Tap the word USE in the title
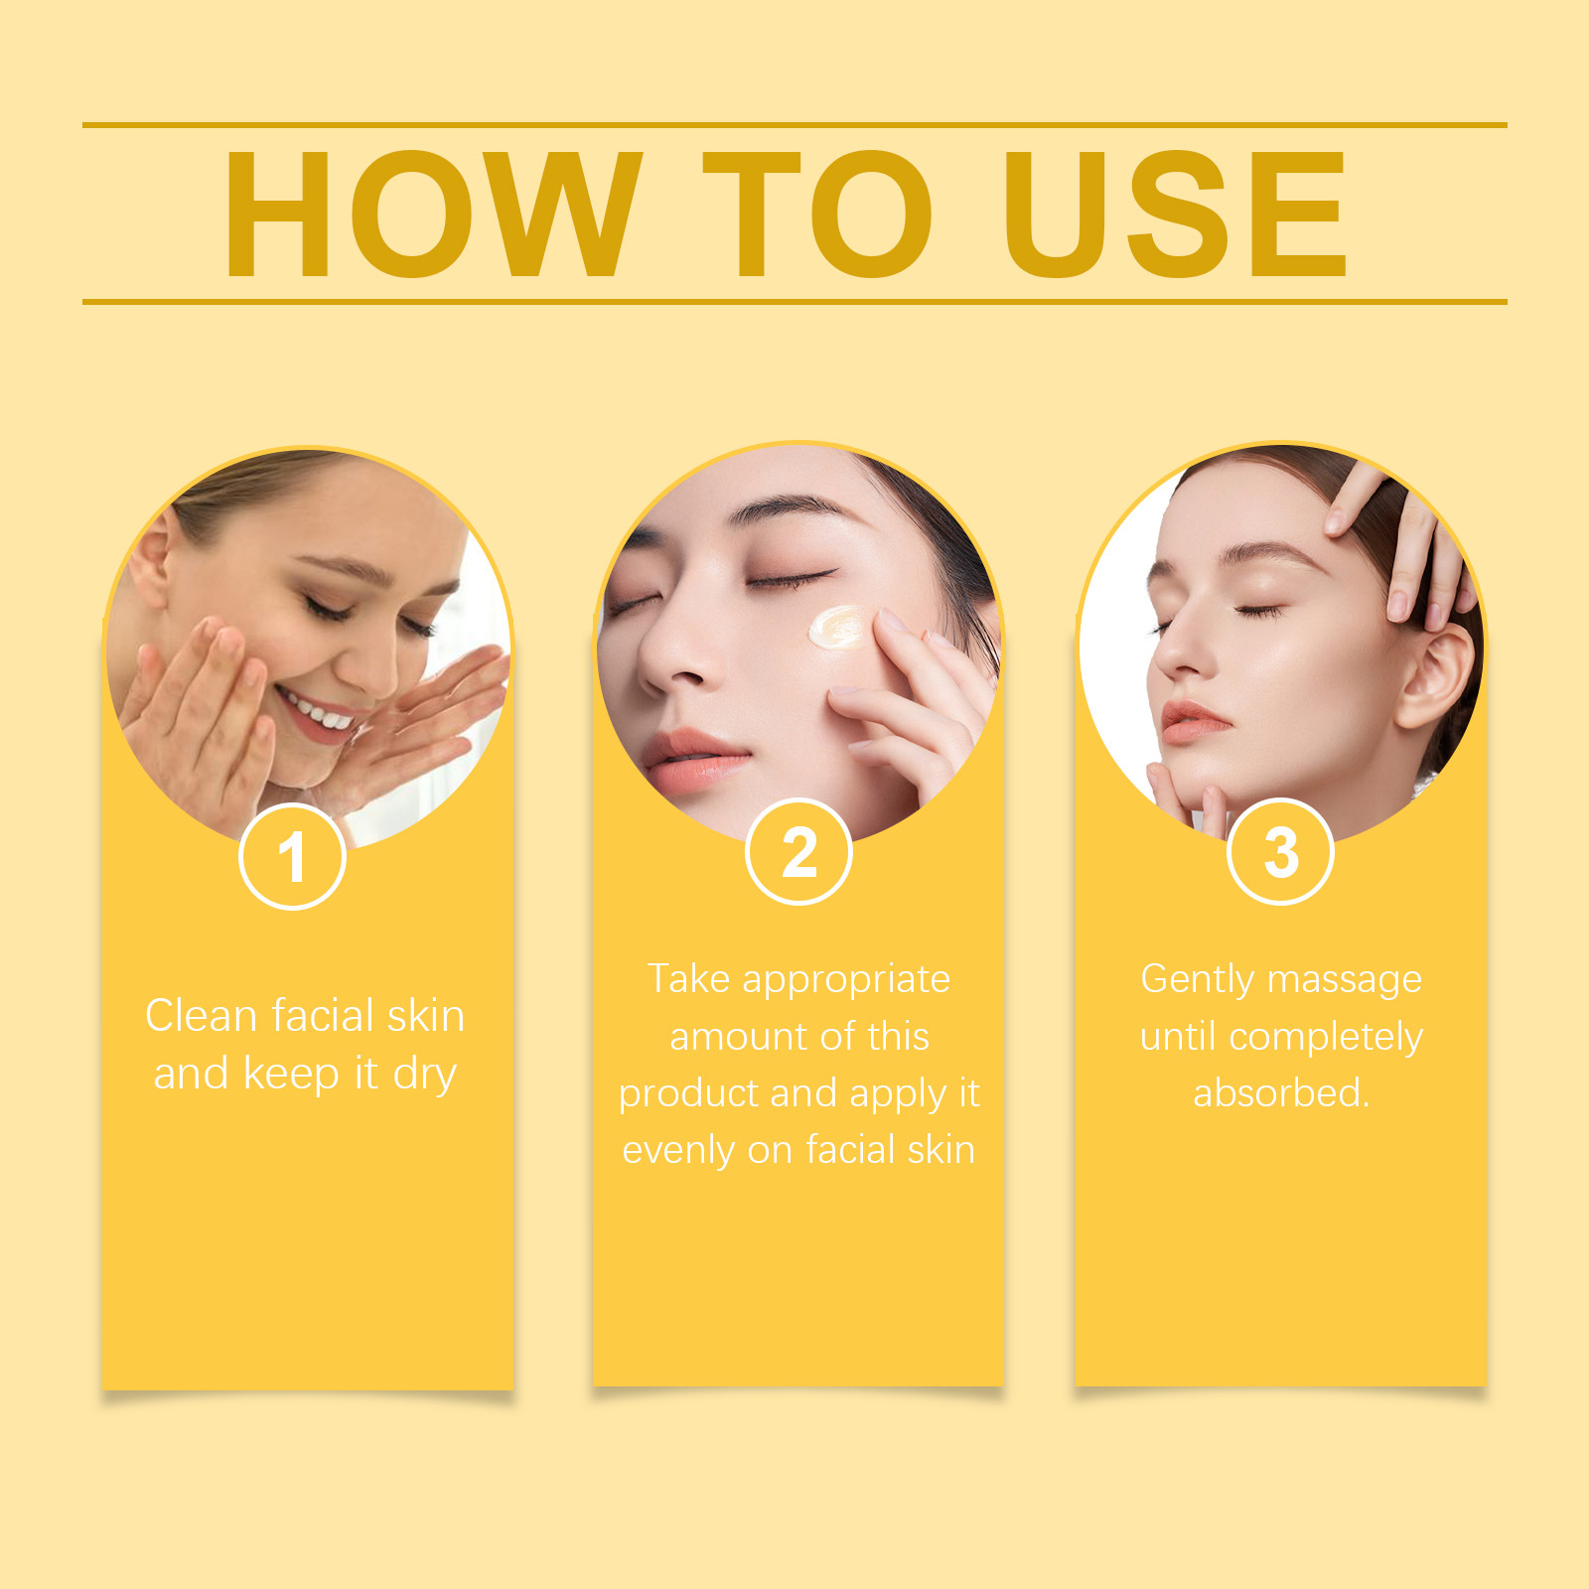(x=1175, y=214)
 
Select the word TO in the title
(x=817, y=214)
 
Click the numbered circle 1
(x=292, y=856)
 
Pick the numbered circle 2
(x=798, y=852)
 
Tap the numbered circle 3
(x=1280, y=852)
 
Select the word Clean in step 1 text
(x=202, y=1016)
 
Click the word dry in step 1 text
(x=425, y=1076)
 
